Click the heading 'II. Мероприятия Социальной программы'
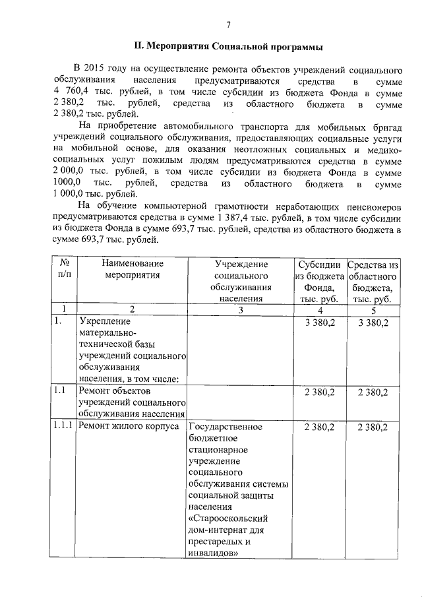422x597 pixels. (x=228, y=47)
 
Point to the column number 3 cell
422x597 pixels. (x=241, y=310)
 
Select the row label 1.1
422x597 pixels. (x=60, y=392)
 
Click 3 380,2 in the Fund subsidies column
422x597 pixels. (x=320, y=323)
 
